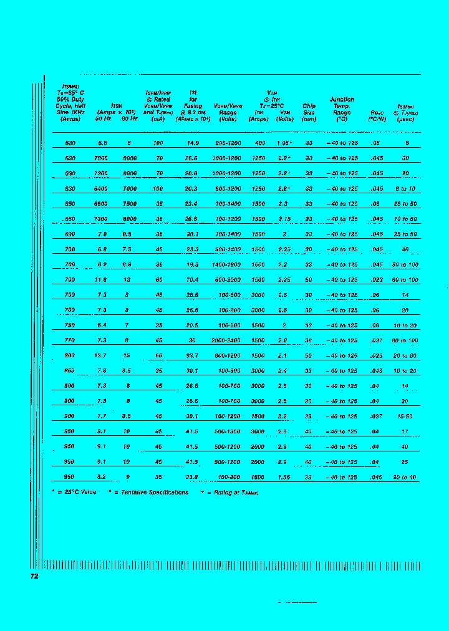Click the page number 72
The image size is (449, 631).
coord(34,576)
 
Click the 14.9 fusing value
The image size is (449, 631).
coord(193,143)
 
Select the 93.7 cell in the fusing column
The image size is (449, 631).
coord(193,355)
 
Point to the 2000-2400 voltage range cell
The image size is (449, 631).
coord(228,340)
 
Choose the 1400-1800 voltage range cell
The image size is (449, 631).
coord(228,264)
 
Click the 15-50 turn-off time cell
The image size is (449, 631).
coord(405,417)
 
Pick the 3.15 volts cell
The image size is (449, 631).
coord(285,219)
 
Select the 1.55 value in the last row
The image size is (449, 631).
coord(285,477)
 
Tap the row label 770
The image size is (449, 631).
coord(70,340)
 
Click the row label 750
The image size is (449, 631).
coord(70,325)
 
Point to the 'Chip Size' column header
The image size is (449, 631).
coord(309,112)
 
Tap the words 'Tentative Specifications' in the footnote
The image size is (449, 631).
coord(155,493)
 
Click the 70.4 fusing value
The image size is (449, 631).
coord(193,280)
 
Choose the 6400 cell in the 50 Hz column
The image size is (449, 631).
coord(102,188)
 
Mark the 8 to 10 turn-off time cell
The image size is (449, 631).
coord(405,188)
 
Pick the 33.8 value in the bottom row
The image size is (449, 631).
coord(193,477)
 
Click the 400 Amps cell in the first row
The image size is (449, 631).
coord(259,143)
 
